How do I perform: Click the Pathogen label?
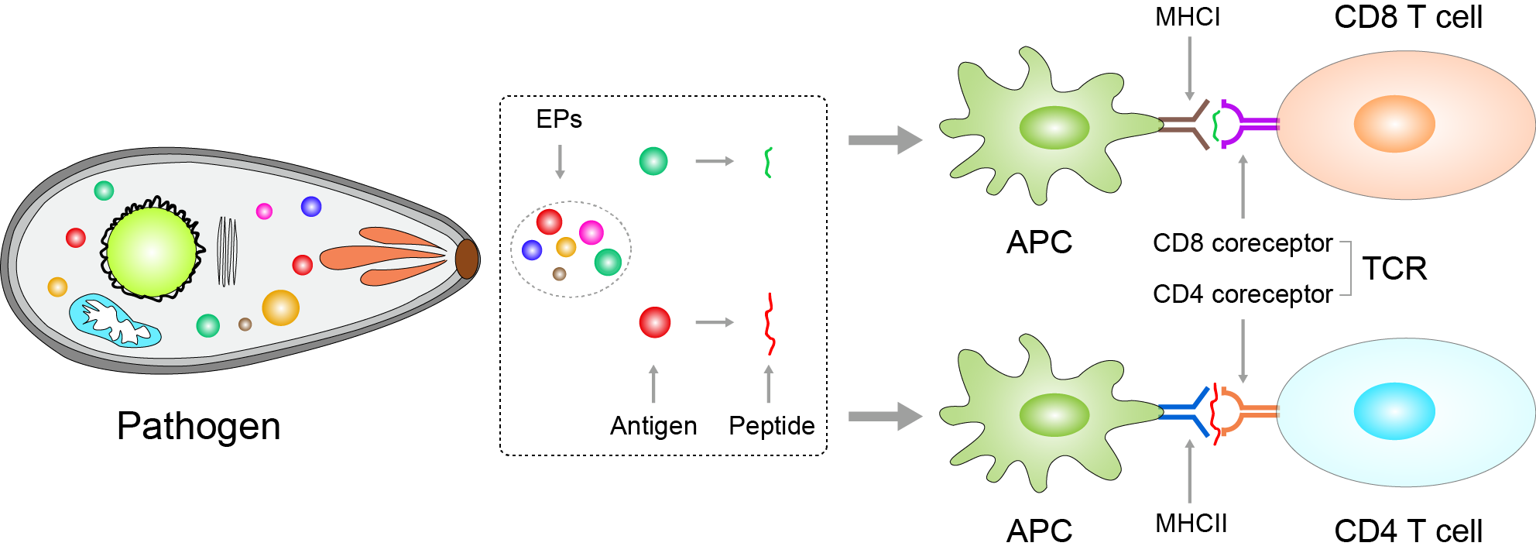click(198, 426)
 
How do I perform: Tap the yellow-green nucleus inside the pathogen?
click(152, 252)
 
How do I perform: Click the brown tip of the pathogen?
click(466, 259)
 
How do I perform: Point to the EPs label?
click(558, 119)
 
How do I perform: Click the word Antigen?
click(653, 426)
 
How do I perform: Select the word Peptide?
click(771, 426)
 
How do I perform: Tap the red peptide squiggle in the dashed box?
click(770, 324)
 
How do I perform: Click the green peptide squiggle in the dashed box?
click(768, 162)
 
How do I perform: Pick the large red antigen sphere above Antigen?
click(654, 322)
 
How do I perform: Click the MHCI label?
click(1187, 17)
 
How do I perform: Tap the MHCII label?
click(1191, 524)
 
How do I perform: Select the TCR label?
click(1394, 269)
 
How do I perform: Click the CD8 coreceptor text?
click(1242, 243)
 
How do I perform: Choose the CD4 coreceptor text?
click(1242, 294)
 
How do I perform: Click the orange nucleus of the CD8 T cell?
click(1394, 124)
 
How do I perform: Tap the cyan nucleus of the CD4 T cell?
click(1394, 411)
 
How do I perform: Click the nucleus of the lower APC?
click(1054, 415)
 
